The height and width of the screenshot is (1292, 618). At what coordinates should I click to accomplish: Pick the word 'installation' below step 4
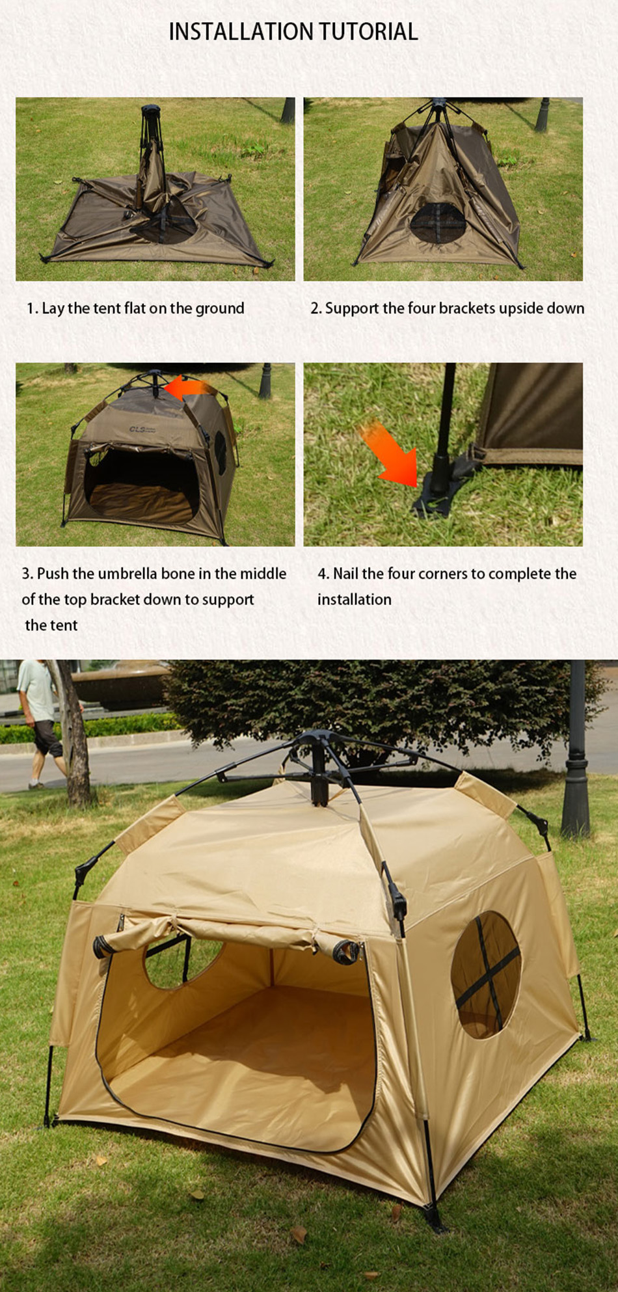355,599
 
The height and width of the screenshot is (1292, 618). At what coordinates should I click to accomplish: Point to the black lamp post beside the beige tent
576,748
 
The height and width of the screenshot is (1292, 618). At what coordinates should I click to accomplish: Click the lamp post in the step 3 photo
265,381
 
